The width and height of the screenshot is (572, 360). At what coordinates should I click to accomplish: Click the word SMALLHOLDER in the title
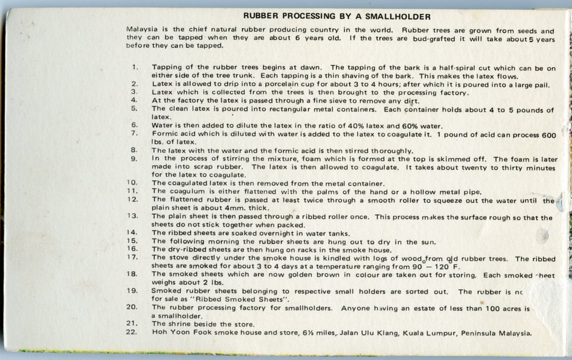tap(399, 17)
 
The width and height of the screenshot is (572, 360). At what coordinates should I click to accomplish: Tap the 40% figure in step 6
tap(354, 126)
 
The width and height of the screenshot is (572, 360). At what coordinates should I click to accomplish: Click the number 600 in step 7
tap(549, 135)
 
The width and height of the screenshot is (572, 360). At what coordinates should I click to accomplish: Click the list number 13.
tap(132, 216)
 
